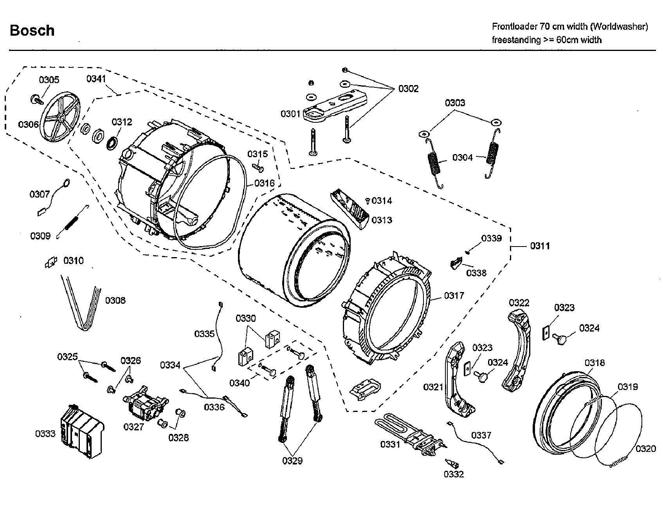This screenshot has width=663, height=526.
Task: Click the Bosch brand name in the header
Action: tap(32, 31)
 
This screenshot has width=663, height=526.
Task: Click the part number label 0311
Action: tap(540, 246)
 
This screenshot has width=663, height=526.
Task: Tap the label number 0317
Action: tap(454, 296)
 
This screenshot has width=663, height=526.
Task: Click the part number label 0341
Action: tap(96, 79)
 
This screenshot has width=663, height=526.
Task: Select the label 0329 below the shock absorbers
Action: tap(292, 461)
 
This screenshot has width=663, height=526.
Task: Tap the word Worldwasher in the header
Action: tap(619, 27)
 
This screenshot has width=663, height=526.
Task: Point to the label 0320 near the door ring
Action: tap(645, 448)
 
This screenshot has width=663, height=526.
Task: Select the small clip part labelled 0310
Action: tap(51, 262)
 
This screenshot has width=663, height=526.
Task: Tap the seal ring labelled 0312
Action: tap(112, 142)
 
